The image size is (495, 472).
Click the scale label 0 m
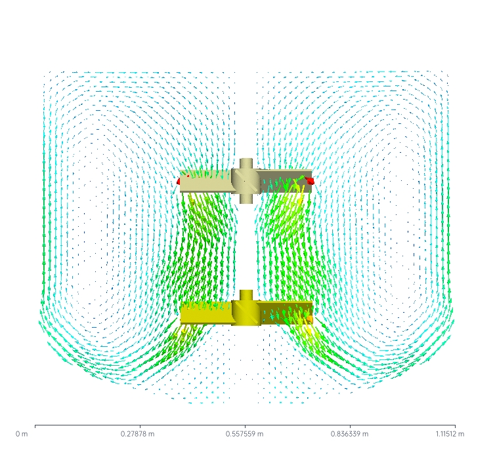[x=22, y=434]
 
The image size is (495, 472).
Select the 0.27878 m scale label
[x=137, y=434]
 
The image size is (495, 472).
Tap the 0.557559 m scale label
[x=244, y=434]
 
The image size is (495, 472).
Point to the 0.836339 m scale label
[x=349, y=434]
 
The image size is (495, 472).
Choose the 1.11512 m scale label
[x=450, y=434]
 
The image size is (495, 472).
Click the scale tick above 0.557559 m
[x=245, y=427]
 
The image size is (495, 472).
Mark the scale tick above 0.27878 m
[x=140, y=427]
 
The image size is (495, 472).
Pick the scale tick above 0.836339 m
[x=350, y=427]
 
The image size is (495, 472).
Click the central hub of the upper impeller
[x=246, y=182]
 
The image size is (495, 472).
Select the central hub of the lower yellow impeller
[x=246, y=313]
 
